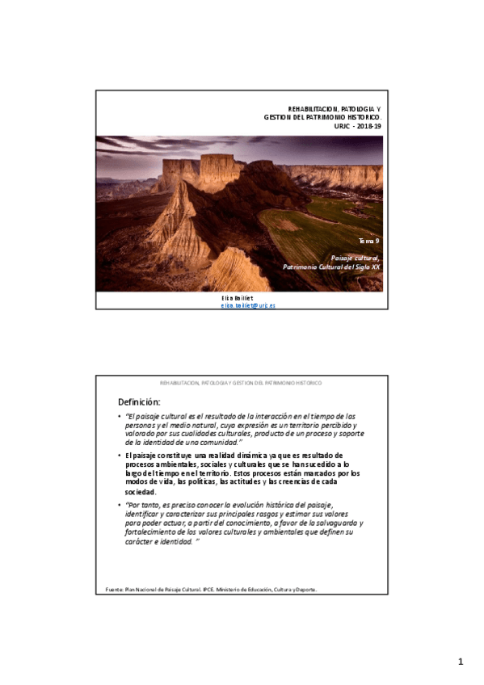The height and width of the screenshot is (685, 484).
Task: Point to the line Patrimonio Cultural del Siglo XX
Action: [331, 266]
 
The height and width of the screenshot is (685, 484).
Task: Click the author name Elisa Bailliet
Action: [237, 298]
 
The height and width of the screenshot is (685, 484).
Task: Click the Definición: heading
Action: [139, 401]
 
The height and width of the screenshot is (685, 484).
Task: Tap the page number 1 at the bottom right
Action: [461, 662]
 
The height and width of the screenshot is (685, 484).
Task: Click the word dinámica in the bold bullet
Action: [245, 456]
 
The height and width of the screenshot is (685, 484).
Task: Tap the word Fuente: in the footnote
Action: [115, 590]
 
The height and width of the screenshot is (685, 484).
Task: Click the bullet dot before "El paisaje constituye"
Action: [119, 456]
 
